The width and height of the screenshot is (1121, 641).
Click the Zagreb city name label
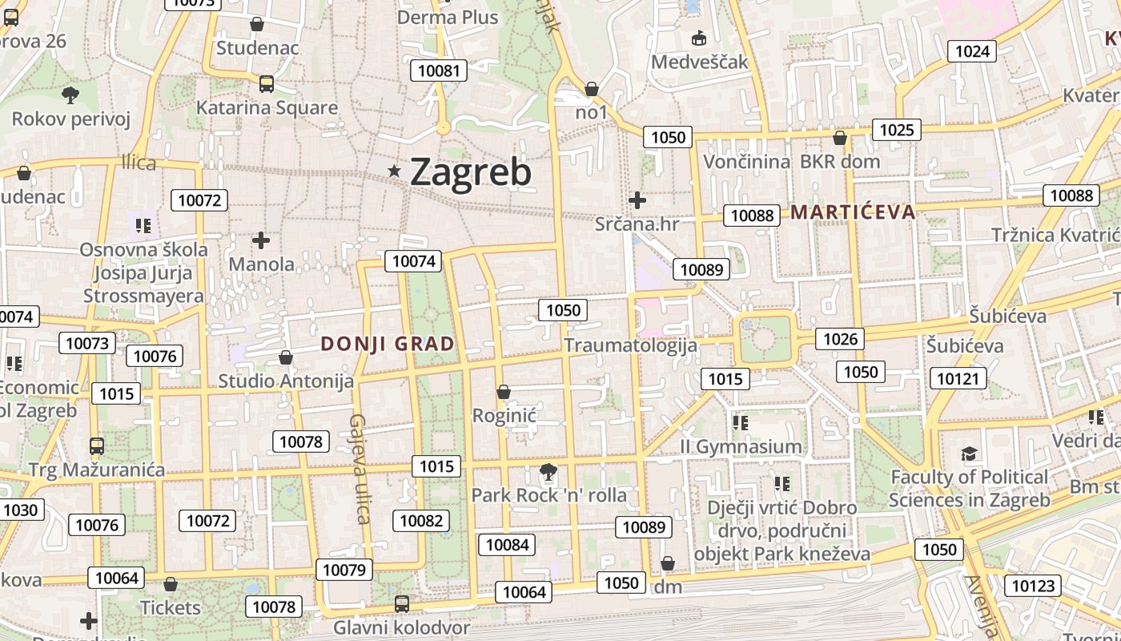click(471, 171)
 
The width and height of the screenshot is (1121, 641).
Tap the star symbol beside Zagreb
click(394, 171)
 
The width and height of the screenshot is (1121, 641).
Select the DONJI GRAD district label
click(388, 344)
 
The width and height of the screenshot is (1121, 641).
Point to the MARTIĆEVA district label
click(853, 212)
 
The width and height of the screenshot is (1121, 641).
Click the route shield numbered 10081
click(439, 71)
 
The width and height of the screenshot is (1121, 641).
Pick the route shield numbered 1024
click(973, 51)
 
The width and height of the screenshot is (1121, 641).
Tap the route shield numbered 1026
click(841, 339)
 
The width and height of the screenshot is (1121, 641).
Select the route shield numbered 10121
click(958, 378)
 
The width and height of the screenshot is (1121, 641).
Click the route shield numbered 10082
click(421, 521)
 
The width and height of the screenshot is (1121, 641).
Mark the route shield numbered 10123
click(1033, 586)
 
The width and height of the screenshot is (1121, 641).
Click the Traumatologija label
click(631, 345)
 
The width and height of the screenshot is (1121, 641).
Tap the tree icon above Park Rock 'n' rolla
click(548, 472)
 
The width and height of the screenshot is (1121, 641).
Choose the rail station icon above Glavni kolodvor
click(402, 604)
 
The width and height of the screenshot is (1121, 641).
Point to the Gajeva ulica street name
click(360, 469)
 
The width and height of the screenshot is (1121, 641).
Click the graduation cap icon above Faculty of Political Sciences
click(970, 454)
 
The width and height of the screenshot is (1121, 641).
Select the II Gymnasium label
click(741, 446)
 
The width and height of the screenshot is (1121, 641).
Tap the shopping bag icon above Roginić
click(504, 392)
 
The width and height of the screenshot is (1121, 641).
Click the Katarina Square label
click(267, 107)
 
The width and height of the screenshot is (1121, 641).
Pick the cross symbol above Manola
click(261, 240)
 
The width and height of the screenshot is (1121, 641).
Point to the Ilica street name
click(139, 163)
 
